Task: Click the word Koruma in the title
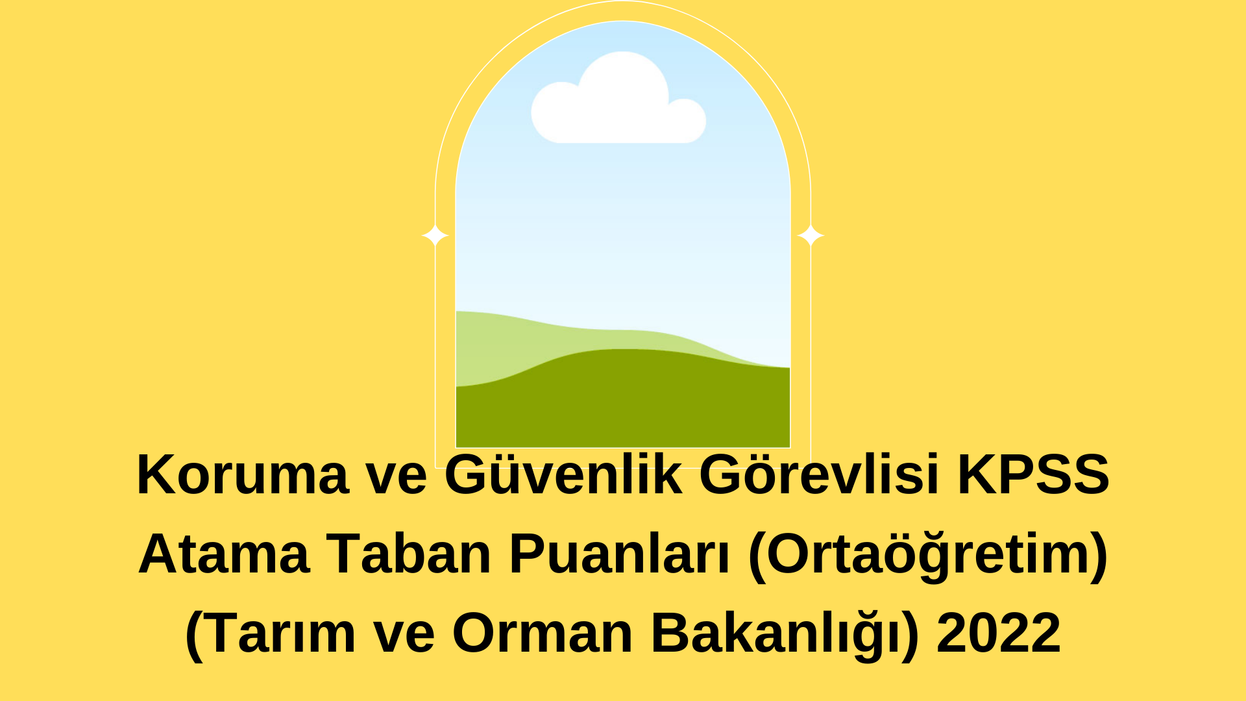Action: (x=243, y=474)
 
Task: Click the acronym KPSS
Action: (x=1033, y=474)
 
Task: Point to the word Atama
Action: (x=224, y=554)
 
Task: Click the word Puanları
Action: (x=620, y=554)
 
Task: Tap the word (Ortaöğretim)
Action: (x=928, y=555)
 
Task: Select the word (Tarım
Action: (x=271, y=633)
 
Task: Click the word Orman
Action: (x=543, y=633)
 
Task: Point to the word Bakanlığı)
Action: (x=785, y=633)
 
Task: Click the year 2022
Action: (x=999, y=633)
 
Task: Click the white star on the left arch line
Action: (x=435, y=235)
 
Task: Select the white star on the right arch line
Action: (x=811, y=235)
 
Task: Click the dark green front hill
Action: (x=623, y=402)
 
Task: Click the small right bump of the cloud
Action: (x=687, y=120)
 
